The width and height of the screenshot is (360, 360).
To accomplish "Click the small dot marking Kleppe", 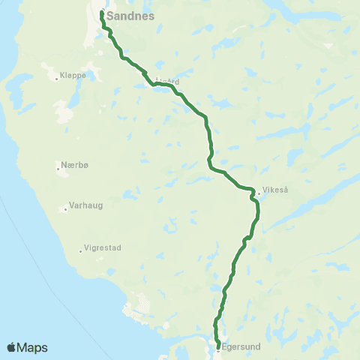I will [57, 76].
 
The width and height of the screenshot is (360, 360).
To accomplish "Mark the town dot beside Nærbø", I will [58, 167].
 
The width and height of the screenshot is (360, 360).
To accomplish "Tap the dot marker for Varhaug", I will [67, 209].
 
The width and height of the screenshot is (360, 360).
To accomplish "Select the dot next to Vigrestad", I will [81, 251].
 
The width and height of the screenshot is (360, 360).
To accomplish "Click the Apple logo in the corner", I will [11, 347].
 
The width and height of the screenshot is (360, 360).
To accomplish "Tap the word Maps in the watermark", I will [33, 347].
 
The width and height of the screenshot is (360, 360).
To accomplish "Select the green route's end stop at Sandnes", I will [102, 13].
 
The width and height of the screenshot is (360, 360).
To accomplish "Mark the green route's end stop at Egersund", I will [217, 346].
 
